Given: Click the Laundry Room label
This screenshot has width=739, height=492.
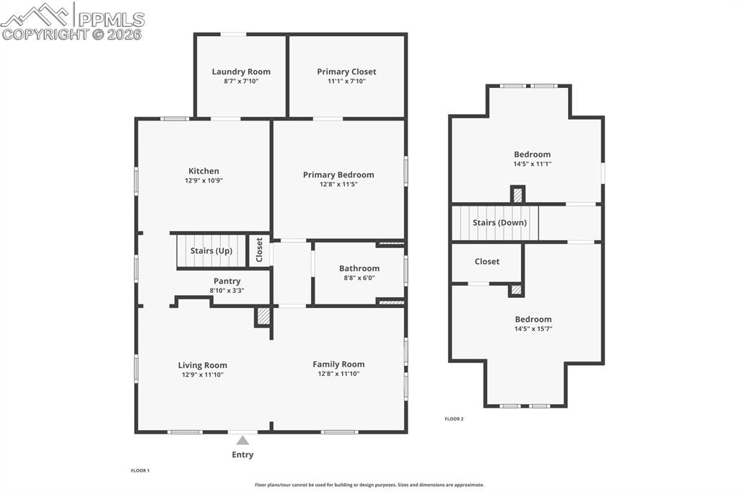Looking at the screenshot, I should [x=241, y=71].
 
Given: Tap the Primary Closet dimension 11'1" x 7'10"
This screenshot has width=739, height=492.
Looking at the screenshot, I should [x=346, y=82].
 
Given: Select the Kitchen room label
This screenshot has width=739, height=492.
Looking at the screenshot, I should [x=204, y=171].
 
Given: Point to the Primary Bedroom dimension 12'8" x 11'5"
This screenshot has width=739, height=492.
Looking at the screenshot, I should [x=338, y=185].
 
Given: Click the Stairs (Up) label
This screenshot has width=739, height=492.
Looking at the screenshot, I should [x=211, y=250].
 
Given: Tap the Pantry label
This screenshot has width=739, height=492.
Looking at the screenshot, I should [x=227, y=281].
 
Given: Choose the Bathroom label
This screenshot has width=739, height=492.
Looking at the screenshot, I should [x=359, y=268].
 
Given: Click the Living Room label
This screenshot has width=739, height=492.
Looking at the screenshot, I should [x=203, y=365].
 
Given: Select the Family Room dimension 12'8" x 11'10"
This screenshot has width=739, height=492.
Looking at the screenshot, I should [x=338, y=374].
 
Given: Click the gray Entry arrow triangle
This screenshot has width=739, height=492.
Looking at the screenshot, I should [x=243, y=440].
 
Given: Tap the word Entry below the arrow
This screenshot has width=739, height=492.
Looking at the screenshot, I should [x=242, y=454].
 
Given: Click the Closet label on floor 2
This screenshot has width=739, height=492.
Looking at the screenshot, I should [x=487, y=261].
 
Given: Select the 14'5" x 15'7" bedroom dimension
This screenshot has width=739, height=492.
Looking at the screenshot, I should [x=533, y=329].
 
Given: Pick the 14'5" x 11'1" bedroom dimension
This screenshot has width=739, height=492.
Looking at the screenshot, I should [x=533, y=164].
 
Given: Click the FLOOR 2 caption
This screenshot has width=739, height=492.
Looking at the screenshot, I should [x=454, y=419].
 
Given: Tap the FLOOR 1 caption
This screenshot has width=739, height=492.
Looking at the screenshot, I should [x=140, y=470].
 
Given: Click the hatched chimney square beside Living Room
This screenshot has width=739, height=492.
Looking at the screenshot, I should [x=263, y=316].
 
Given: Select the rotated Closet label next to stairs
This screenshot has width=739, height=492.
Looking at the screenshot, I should [x=259, y=250].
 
